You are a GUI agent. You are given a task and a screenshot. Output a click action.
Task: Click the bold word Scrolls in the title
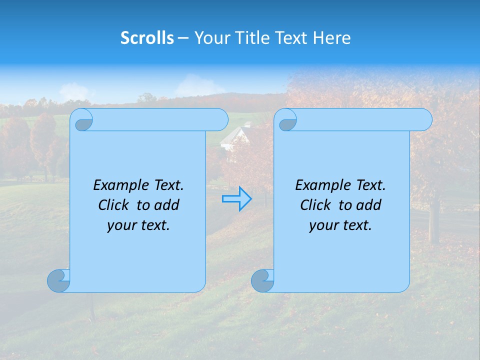[x=147, y=38]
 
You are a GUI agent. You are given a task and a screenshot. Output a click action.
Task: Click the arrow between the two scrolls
[x=236, y=198]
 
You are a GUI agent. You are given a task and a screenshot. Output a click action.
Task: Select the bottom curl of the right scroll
[x=262, y=280]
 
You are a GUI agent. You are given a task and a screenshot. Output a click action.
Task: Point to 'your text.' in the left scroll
[x=138, y=225]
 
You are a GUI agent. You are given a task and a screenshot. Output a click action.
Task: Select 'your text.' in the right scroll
[x=340, y=225]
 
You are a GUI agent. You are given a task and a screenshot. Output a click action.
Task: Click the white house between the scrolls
[x=235, y=137]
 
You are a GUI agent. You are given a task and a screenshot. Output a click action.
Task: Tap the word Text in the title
[x=290, y=38]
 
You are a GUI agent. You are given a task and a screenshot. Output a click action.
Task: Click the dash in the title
[x=183, y=38]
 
